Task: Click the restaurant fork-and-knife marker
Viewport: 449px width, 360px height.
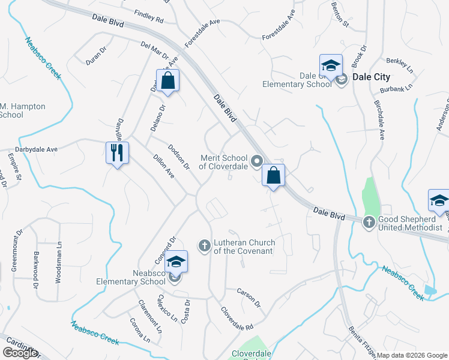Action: [x=117, y=153]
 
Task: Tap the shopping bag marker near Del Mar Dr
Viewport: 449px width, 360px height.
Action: [x=168, y=80]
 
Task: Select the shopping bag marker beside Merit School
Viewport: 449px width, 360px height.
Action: [x=273, y=175]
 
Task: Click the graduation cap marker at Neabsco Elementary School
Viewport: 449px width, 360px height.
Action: [x=176, y=262]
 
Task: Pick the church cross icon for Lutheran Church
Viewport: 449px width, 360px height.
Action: [x=204, y=245]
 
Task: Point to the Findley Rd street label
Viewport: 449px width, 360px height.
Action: [x=149, y=16]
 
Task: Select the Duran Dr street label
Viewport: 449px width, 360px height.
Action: [x=94, y=58]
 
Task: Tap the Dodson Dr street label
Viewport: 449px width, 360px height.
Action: [x=178, y=157]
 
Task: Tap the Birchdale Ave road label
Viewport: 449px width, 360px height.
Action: [x=379, y=119]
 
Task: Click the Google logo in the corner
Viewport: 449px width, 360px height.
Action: [x=20, y=353]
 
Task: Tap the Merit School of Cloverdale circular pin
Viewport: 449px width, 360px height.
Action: [x=257, y=160]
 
